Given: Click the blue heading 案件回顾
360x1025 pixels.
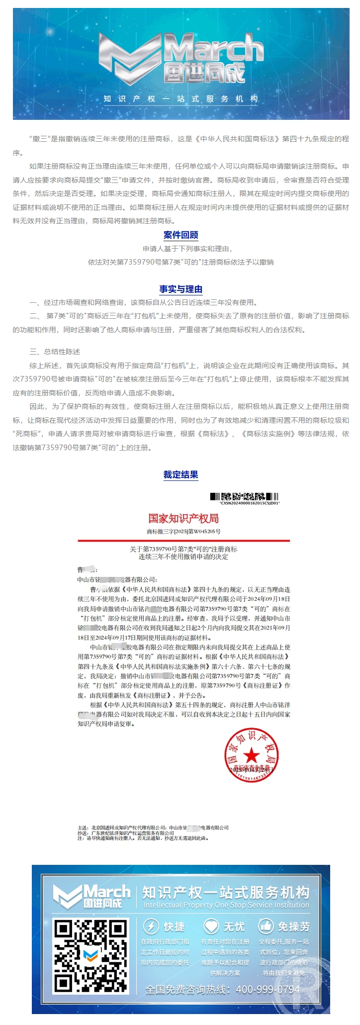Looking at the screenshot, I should (x=180, y=235).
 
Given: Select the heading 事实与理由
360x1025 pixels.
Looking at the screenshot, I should (x=180, y=289).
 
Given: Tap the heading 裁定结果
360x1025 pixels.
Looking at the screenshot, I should (x=180, y=474).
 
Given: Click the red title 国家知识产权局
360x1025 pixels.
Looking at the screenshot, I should (x=183, y=518).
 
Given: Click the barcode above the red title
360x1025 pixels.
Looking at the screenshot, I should (x=244, y=496).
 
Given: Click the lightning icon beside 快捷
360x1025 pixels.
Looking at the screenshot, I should (x=151, y=926).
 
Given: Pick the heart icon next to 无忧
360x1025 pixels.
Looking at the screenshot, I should (x=211, y=926).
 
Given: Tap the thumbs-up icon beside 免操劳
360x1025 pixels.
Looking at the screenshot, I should (x=266, y=926).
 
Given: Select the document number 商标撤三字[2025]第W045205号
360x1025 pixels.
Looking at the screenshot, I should (x=183, y=531).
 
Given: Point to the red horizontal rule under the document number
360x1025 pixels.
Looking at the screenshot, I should (x=183, y=540).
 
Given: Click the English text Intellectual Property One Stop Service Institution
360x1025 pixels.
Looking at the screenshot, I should (x=226, y=905).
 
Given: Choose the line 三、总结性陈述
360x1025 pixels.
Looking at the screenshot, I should (x=55, y=352).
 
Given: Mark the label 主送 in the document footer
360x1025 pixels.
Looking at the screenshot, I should (x=83, y=828).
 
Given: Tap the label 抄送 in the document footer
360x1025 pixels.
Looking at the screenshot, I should (x=83, y=833).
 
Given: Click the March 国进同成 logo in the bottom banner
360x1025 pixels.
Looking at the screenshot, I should (x=92, y=896).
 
